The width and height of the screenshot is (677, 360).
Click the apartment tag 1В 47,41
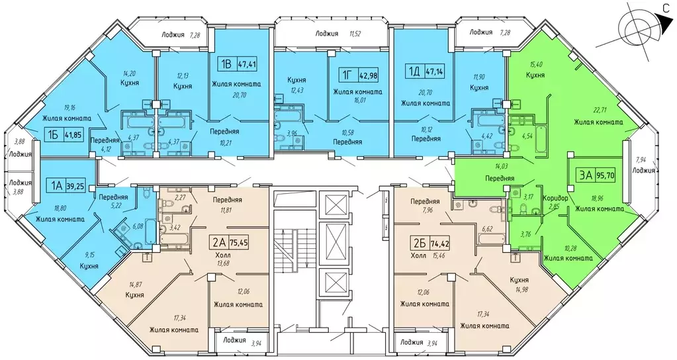coord(240,66)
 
